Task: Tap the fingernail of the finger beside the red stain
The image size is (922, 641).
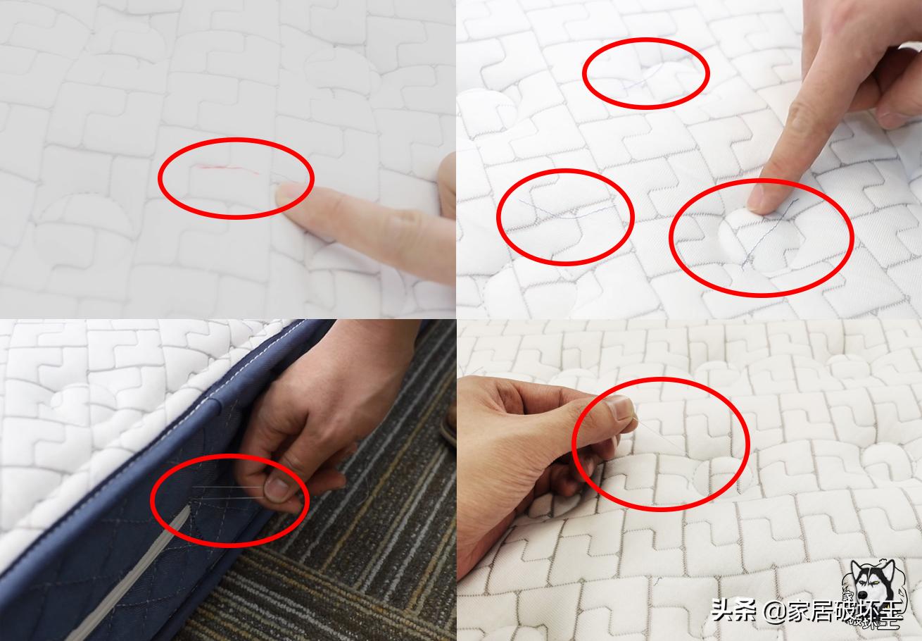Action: (x=291, y=193)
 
